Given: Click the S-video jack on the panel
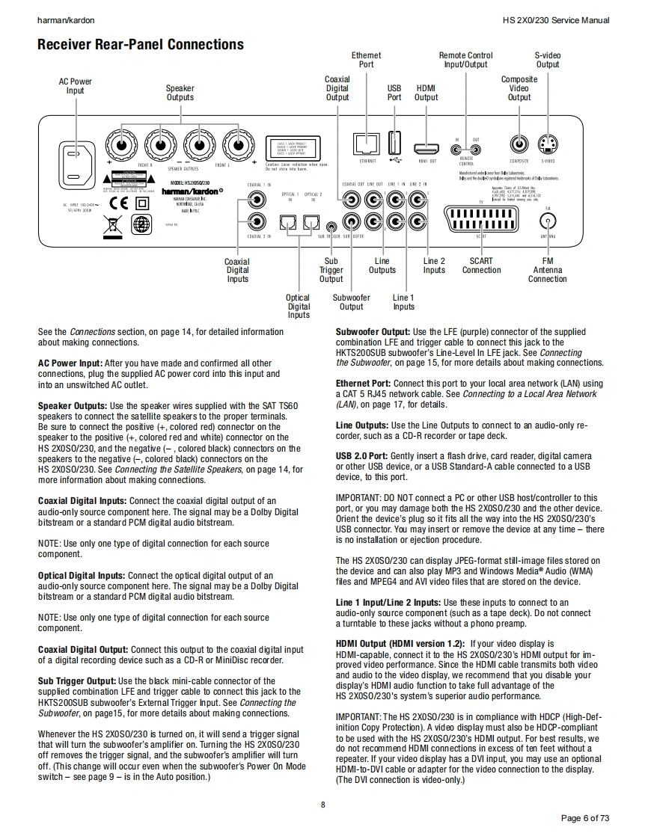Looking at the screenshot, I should click(x=548, y=144).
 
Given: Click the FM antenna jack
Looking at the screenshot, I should click(x=548, y=221).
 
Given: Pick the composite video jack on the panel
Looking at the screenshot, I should click(x=518, y=144).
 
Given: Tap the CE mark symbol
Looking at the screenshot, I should click(x=118, y=203).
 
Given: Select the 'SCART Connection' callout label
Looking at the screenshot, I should click(x=481, y=265).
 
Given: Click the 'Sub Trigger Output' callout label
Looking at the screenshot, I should click(x=331, y=270).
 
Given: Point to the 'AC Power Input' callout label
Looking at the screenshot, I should click(x=76, y=86).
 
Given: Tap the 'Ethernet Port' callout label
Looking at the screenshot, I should click(x=366, y=60).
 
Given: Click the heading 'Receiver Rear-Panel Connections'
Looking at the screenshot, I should click(x=141, y=44).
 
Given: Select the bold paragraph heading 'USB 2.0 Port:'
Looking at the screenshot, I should click(x=361, y=455).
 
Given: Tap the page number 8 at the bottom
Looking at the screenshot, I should click(x=323, y=805).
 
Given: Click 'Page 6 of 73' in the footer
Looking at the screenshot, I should click(x=584, y=818).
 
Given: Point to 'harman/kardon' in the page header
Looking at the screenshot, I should click(x=66, y=20).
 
